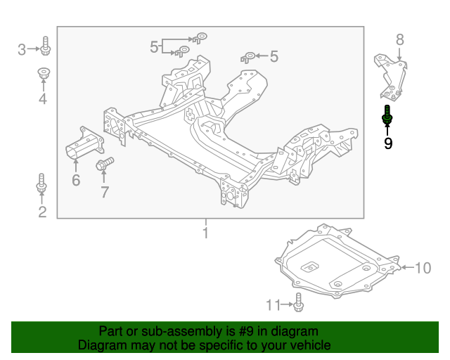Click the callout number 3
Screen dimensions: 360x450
coord(22,49)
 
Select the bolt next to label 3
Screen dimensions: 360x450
coord(44,47)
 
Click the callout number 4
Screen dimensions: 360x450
coord(42,99)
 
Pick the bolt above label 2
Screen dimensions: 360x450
coord(41,185)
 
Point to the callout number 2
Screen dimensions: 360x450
coord(41,212)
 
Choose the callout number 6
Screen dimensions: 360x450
coord(75,181)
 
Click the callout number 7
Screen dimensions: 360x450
coord(104,192)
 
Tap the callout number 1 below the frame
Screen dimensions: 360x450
coord(205,233)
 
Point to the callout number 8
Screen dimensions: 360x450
coord(399,40)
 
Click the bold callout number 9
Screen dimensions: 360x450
coord(387,143)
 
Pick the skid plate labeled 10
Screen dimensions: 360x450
coord(334,262)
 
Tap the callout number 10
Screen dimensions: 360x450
coord(422,267)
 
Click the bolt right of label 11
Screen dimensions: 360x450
coord(299,303)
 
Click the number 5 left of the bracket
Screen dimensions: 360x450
coord(154,46)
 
